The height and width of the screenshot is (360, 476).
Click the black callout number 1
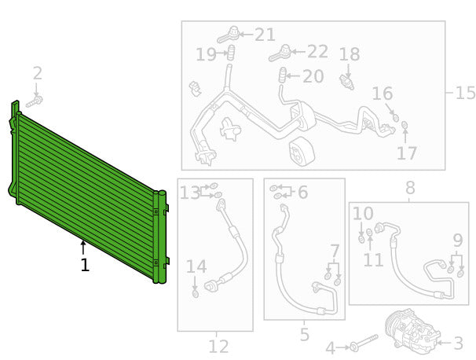click(85, 265)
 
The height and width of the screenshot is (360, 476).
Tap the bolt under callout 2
click(35, 101)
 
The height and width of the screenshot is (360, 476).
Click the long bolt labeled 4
click(364, 343)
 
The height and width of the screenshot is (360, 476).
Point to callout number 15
click(465, 92)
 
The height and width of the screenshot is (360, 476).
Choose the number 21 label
click(265, 35)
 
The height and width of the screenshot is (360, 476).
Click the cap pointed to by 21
click(229, 35)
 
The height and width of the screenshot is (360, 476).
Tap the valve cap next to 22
click(280, 53)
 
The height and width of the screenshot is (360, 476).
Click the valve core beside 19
click(232, 53)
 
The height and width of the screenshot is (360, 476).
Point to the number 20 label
click(313, 76)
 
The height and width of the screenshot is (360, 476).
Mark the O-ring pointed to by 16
click(395, 118)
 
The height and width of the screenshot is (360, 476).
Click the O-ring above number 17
click(405, 125)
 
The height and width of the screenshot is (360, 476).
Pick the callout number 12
click(218, 347)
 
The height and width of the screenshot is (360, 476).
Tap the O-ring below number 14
click(196, 294)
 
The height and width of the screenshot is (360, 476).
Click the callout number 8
click(410, 188)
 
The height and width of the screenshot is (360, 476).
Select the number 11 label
click(374, 260)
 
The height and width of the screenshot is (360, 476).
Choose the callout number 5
click(305, 334)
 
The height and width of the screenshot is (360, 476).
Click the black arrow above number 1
click(83, 247)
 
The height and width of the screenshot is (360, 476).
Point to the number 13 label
click(190, 193)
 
